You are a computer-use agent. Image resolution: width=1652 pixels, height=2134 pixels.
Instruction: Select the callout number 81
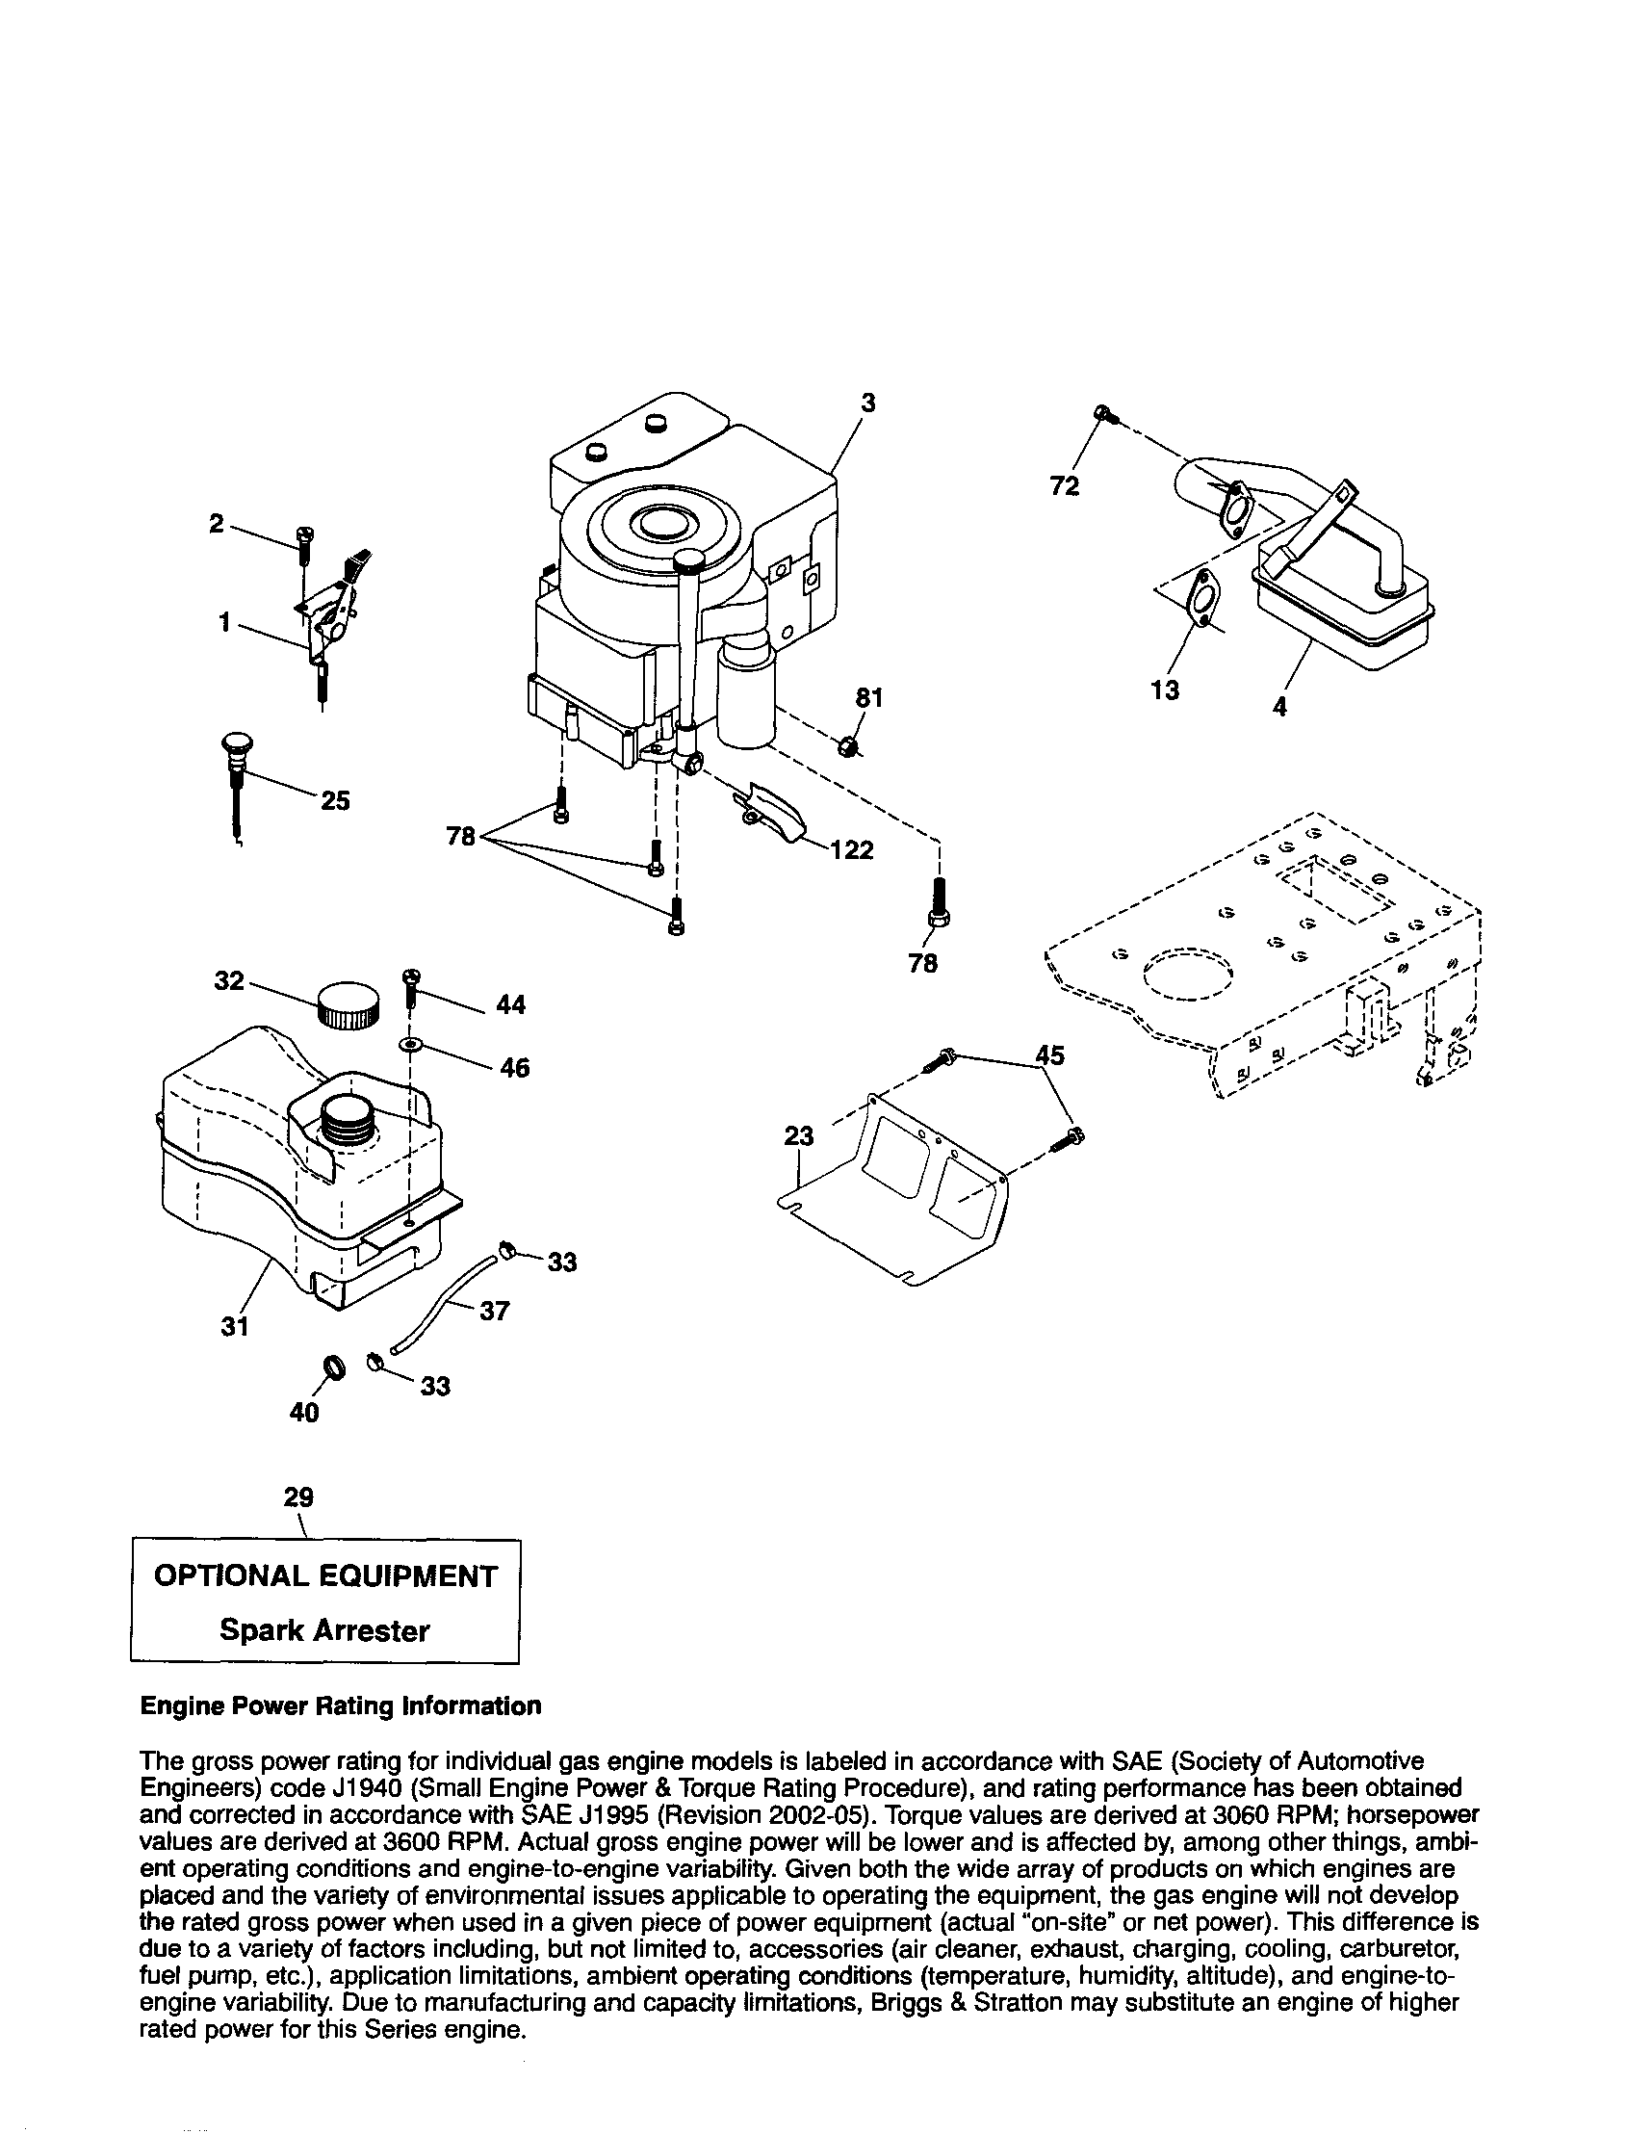point(869,697)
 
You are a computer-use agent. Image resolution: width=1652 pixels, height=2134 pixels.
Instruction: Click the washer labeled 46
point(411,1047)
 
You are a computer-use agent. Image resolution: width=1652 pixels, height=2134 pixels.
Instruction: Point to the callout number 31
point(235,1326)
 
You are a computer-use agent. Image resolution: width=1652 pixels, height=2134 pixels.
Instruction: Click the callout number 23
point(798,1135)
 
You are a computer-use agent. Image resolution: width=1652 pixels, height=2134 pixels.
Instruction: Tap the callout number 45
point(1049,1054)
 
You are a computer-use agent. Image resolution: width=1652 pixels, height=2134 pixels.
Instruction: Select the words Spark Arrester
point(324,1630)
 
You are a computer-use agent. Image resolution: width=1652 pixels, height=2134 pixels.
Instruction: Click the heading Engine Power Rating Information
point(341,1706)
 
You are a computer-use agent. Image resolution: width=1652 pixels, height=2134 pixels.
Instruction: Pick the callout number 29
point(298,1496)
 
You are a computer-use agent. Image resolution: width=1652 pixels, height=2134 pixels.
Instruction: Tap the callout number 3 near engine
point(866,403)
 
